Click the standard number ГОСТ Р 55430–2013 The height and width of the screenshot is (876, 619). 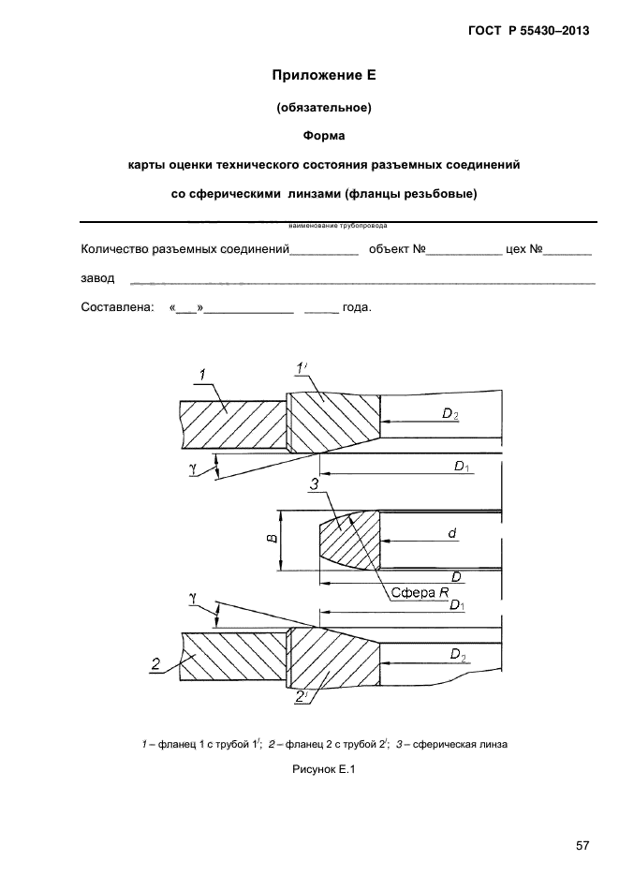tap(528, 32)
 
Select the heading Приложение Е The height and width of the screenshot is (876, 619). tap(323, 74)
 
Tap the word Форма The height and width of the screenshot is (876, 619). tap(324, 136)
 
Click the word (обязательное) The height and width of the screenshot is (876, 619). tap(324, 107)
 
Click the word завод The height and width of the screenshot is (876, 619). tap(98, 278)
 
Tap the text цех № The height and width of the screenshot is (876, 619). tap(523, 250)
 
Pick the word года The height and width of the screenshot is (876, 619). tap(357, 306)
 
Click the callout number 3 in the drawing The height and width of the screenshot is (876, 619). tap(315, 483)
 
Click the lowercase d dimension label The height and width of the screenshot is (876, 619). tap(451, 532)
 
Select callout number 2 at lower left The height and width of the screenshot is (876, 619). tap(155, 665)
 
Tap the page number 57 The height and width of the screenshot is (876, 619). tap(582, 846)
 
